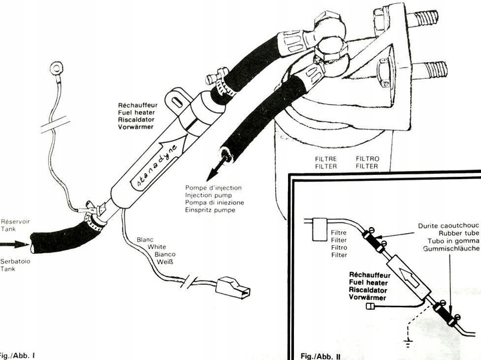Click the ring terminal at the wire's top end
[x=56, y=67]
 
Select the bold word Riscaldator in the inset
[x=371, y=291]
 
